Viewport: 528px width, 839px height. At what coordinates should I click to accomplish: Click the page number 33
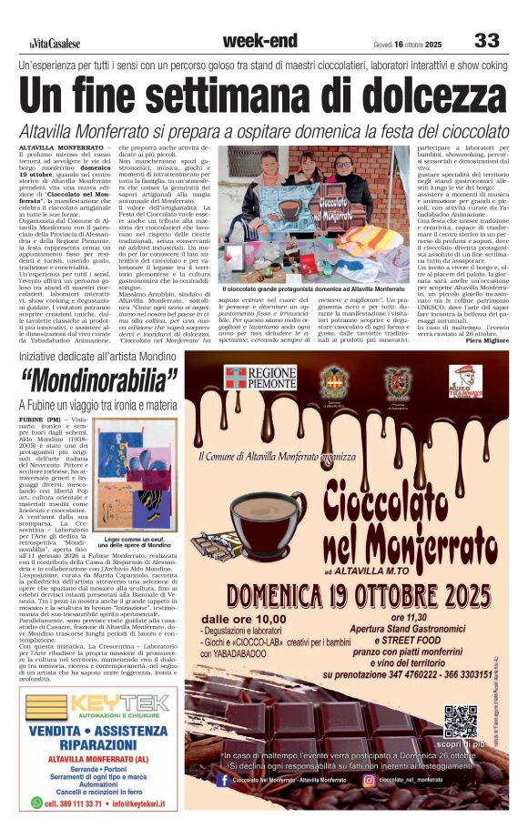click(487, 40)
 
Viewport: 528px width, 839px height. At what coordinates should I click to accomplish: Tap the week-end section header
click(259, 40)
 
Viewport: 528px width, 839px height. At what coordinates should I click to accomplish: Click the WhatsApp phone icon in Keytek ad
click(37, 804)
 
